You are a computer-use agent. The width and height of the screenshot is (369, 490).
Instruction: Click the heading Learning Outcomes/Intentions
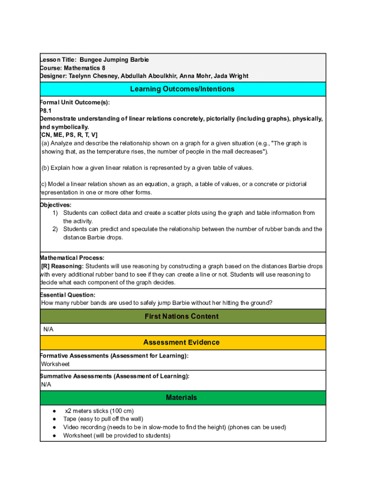point(182,89)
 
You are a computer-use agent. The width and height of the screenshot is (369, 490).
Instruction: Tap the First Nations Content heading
point(182,316)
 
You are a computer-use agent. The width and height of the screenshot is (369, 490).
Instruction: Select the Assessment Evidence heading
point(182,343)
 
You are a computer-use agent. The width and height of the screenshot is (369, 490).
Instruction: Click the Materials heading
point(182,398)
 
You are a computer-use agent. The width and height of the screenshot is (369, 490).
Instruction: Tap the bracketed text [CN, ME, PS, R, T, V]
point(69,135)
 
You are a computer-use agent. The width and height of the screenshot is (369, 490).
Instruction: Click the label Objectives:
point(56,205)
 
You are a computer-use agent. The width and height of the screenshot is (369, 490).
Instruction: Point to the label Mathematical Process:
point(72,258)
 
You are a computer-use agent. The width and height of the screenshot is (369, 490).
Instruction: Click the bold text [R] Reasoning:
point(62,266)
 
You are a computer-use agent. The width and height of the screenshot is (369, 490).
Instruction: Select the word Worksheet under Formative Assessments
point(55,364)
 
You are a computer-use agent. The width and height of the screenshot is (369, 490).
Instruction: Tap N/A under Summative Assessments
point(46,385)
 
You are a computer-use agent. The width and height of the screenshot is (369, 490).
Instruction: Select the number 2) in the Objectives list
point(55,229)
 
